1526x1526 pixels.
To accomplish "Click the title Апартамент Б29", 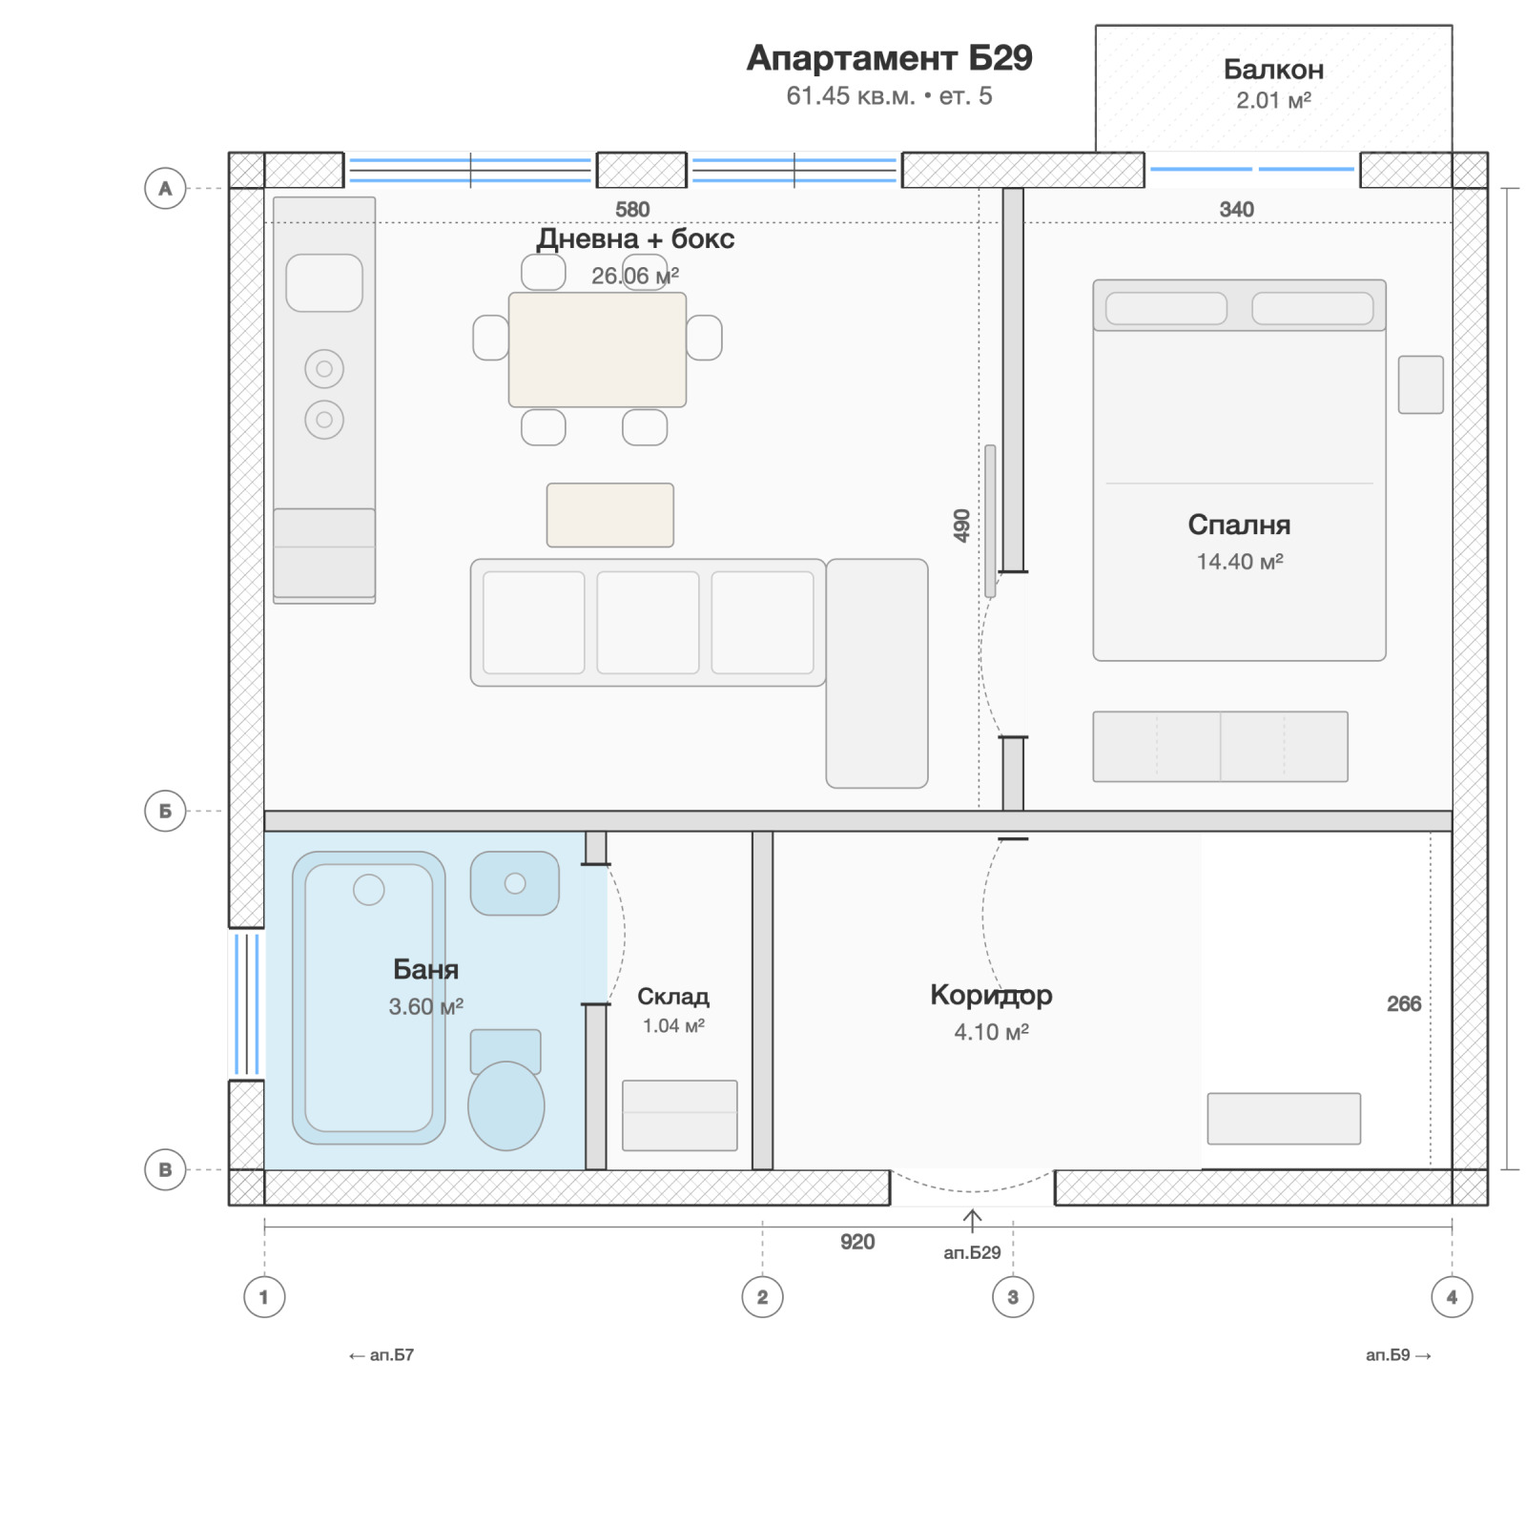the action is [889, 58].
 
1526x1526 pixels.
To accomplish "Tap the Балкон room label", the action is [1273, 70].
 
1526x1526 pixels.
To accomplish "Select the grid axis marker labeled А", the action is [165, 188].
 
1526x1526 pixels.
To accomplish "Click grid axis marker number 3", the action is [1013, 1297].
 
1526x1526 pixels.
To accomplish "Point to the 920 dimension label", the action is [857, 1242].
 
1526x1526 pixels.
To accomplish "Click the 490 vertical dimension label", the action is [961, 526].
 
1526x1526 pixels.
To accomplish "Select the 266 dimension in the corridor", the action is [1404, 1003].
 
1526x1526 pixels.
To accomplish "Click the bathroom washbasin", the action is [515, 883].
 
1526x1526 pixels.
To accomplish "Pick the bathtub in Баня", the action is [368, 998].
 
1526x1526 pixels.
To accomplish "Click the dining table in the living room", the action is [597, 350].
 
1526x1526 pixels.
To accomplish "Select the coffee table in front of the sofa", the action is [610, 515].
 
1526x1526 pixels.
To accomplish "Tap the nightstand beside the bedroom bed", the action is [1420, 384].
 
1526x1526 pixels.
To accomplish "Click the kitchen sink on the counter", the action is [324, 283].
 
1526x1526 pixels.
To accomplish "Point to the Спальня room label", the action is [1239, 525].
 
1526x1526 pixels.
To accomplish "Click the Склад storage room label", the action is [673, 997].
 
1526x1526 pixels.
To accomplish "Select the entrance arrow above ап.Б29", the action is [972, 1220].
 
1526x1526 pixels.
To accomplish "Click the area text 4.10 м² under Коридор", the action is [992, 1032].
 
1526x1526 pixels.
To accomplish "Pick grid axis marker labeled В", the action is [165, 1169].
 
